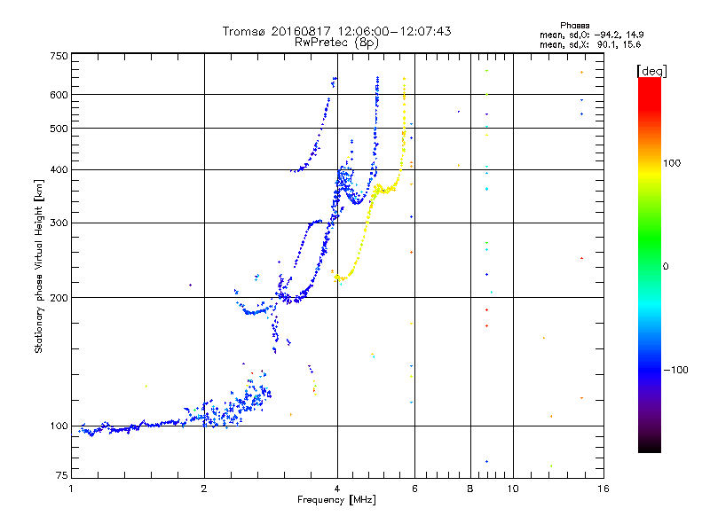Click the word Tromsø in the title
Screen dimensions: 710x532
click(x=245, y=31)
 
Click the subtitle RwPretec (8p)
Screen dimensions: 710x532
click(x=336, y=43)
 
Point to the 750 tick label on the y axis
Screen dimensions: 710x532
click(x=59, y=56)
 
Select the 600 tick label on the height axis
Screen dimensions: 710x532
click(x=59, y=95)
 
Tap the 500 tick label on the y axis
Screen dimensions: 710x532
click(x=59, y=129)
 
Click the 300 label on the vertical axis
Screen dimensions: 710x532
click(x=59, y=223)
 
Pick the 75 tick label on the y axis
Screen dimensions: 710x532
click(x=62, y=475)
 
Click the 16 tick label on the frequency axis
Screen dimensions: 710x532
click(x=603, y=489)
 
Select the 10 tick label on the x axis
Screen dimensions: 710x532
click(x=513, y=489)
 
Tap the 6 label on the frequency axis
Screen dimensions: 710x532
click(x=414, y=489)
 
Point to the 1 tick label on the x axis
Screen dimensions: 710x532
click(x=71, y=489)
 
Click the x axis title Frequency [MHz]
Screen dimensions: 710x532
click(x=336, y=500)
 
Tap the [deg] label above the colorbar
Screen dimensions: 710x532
click(x=651, y=71)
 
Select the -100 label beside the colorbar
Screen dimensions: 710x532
click(x=675, y=370)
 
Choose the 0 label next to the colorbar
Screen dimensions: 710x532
click(x=666, y=267)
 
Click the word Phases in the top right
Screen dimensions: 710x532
click(x=574, y=26)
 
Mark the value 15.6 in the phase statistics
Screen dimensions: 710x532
click(x=632, y=44)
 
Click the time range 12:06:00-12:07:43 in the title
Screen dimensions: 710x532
click(x=394, y=31)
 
